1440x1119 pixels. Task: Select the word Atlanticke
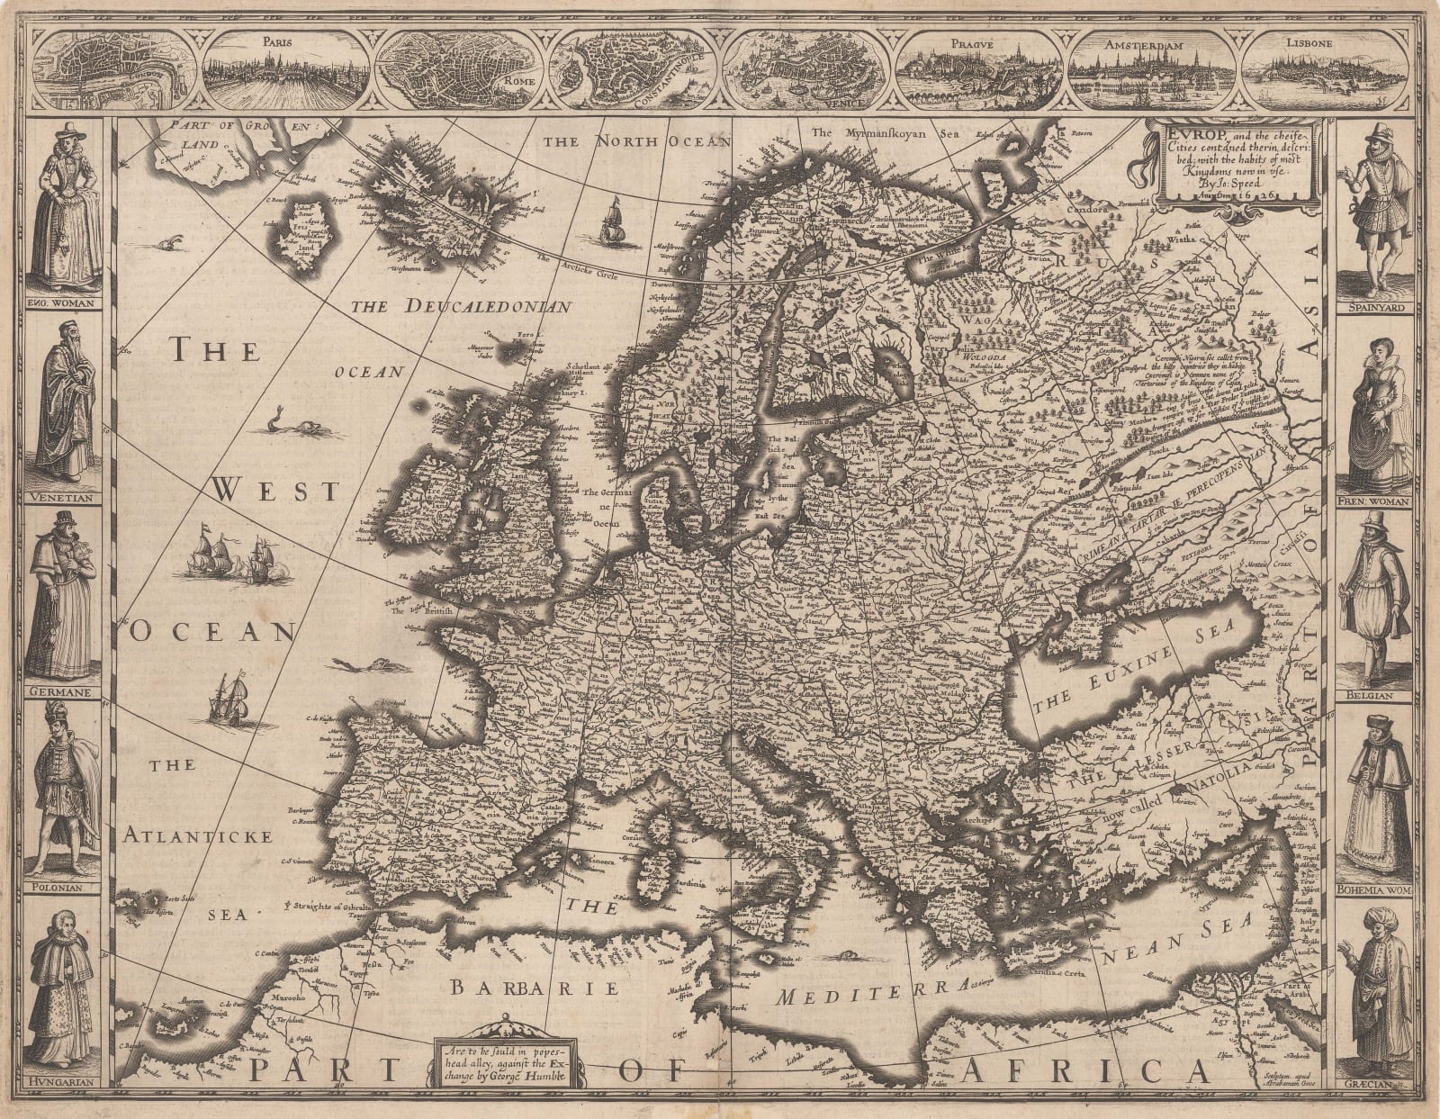tap(199, 837)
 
